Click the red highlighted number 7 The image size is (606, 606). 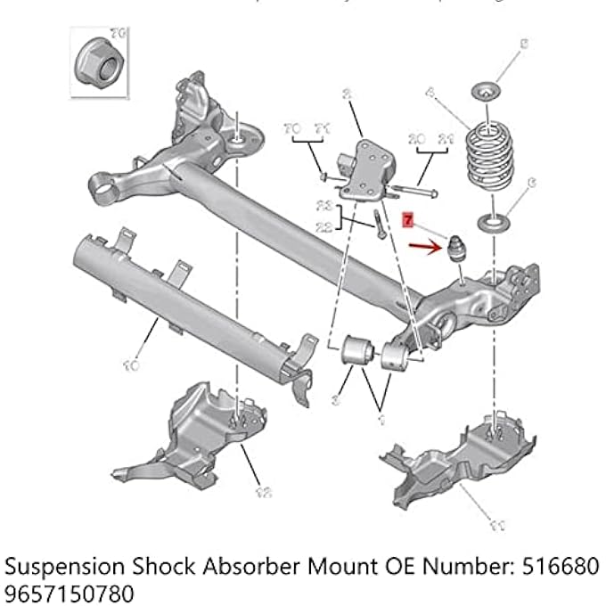pyautogui.click(x=408, y=217)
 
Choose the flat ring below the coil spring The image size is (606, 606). pyautogui.click(x=493, y=220)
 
